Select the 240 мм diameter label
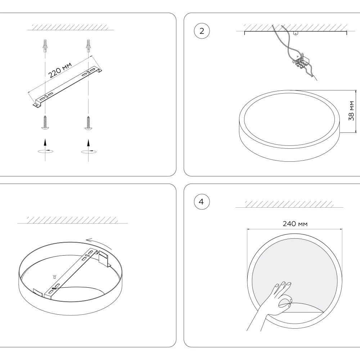pos(295,224)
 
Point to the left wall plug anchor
pos(45,45)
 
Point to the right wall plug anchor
pos(87,45)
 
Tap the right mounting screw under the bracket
pos(87,122)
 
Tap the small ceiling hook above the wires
pos(296,34)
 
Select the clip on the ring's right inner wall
pos(104,258)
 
